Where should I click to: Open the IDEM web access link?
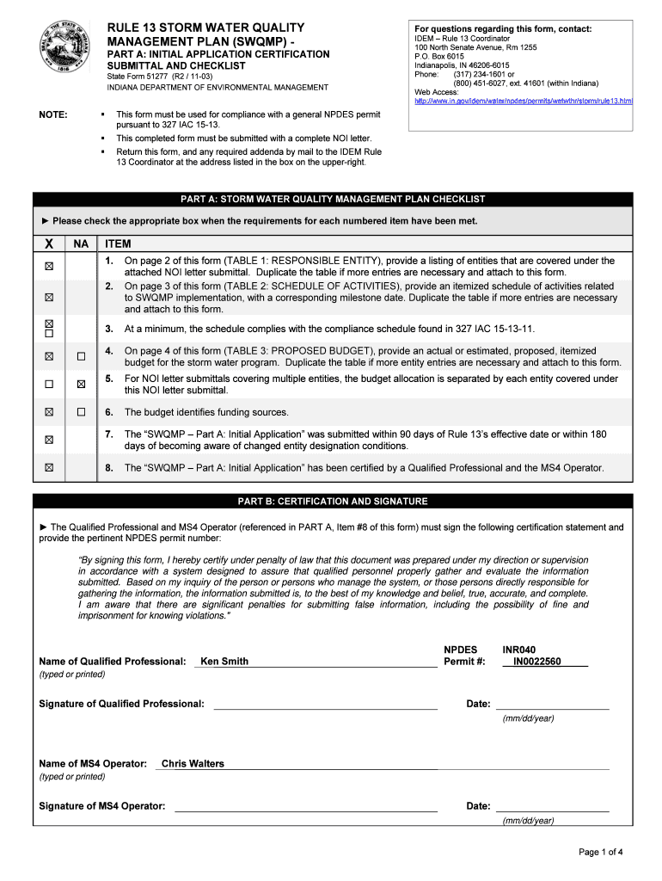point(524,101)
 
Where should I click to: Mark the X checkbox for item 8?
point(49,468)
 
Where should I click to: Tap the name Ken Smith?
point(224,662)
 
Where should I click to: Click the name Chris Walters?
point(193,764)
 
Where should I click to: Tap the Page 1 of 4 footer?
point(600,853)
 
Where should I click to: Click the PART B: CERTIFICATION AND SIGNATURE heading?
point(333,501)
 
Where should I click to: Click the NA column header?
point(82,244)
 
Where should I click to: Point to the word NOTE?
point(55,114)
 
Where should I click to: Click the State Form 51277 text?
point(159,77)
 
